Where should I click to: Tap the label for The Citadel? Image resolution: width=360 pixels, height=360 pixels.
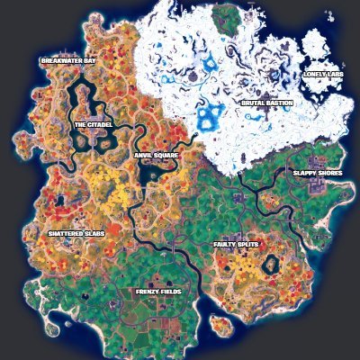coord(92,124)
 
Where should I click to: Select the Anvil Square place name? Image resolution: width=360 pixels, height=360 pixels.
coord(156,155)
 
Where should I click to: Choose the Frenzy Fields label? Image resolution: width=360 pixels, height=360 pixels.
coord(157,292)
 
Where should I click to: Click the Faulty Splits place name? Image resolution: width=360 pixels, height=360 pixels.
coord(236,243)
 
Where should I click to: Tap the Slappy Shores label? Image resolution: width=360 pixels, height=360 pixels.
coord(317,173)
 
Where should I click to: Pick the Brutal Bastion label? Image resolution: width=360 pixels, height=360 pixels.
coord(266,103)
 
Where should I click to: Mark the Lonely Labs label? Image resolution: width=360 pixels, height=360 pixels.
coord(322,75)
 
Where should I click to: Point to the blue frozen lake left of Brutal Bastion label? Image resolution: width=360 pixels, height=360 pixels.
coord(212,115)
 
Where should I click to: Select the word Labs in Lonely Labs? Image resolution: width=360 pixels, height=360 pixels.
coord(335,75)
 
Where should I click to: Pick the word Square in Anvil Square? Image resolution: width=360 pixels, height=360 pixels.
coord(166,155)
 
